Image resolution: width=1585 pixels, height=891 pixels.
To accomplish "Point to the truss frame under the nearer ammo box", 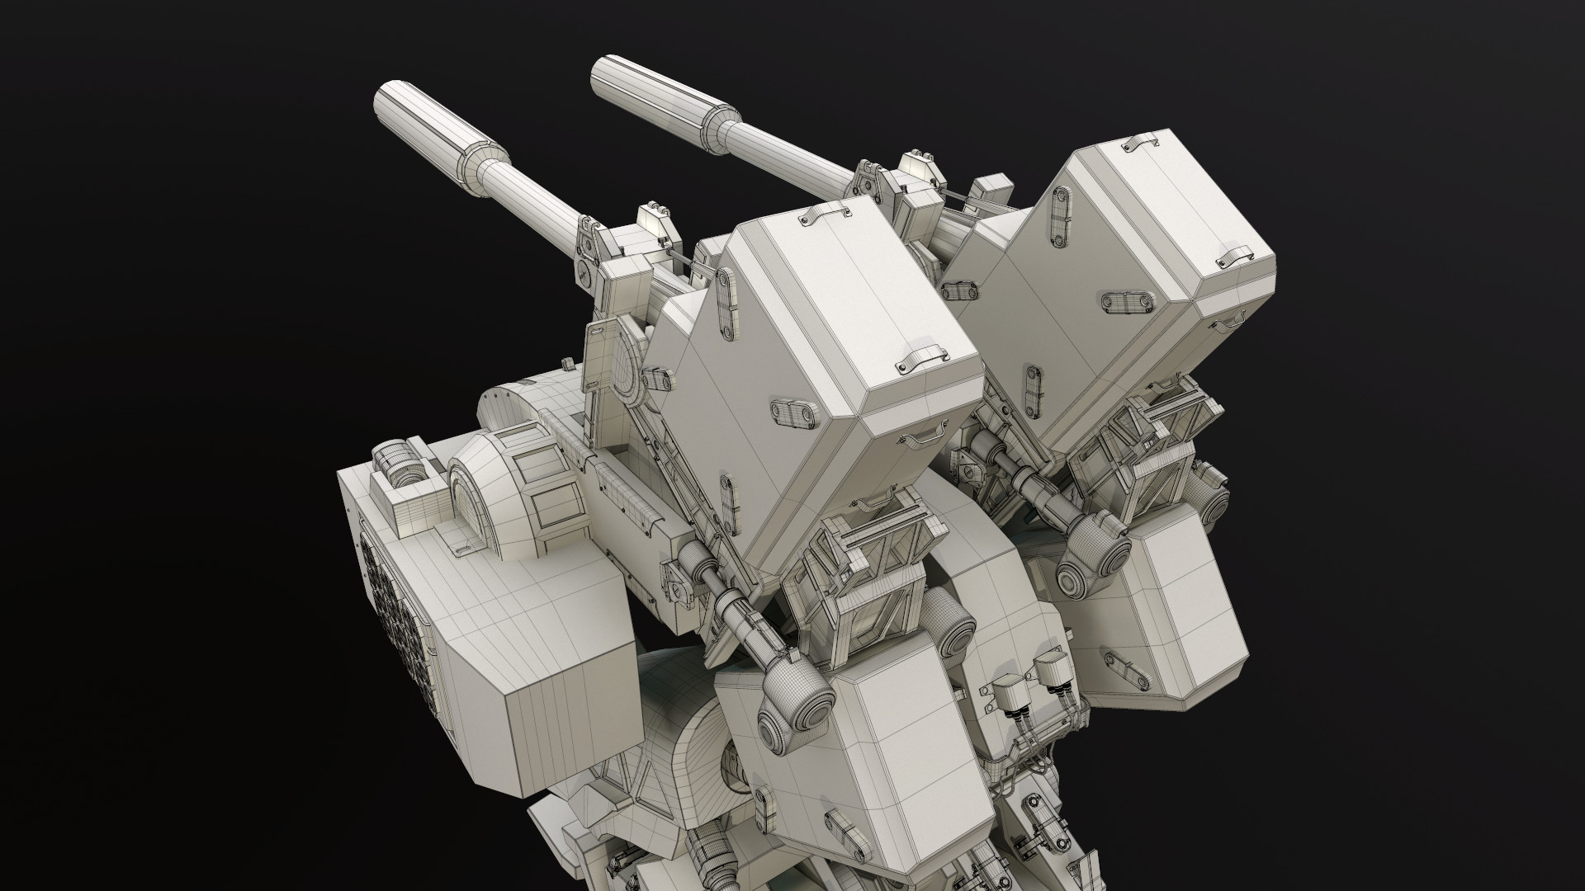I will tap(859, 569).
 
